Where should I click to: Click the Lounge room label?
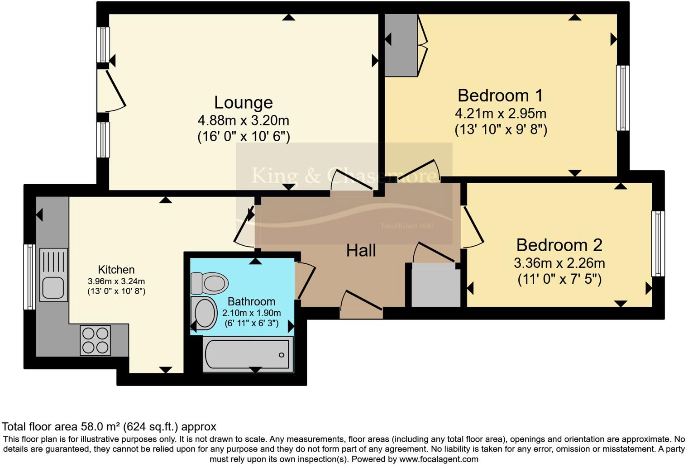(x=243, y=103)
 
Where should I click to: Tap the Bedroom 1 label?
(x=500, y=95)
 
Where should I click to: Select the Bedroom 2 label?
(x=559, y=245)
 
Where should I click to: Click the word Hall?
(x=361, y=250)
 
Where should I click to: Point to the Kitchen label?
(x=116, y=270)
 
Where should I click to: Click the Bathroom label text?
(x=251, y=301)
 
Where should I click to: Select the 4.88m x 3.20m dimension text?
(x=243, y=121)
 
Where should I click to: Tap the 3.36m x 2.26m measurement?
(x=559, y=263)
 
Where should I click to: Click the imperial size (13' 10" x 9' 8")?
(x=501, y=130)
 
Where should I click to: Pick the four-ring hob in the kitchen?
(x=95, y=340)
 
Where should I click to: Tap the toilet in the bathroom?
(x=209, y=284)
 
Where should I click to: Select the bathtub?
(x=248, y=354)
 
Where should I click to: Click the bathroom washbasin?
(x=204, y=313)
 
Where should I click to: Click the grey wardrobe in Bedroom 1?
(x=401, y=45)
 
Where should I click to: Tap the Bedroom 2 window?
(x=658, y=243)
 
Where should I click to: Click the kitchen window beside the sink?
(x=29, y=276)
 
